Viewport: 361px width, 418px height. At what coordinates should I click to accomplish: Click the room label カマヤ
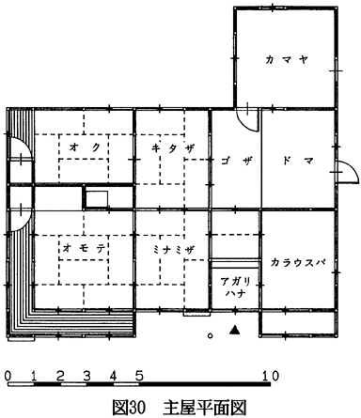tap(287, 59)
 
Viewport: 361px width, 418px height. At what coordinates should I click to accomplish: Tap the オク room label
tap(85, 147)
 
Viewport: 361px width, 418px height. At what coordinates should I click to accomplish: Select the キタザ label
tap(173, 147)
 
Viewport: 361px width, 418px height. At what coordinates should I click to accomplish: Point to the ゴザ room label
tap(237, 161)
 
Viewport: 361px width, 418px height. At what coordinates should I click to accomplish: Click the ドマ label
tap(298, 161)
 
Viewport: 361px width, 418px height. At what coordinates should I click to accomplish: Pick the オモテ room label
tap(84, 248)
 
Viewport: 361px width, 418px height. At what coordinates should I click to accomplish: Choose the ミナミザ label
tap(173, 250)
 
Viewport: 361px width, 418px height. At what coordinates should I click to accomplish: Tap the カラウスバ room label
tap(297, 262)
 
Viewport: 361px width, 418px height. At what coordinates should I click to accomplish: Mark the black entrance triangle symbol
tap(234, 331)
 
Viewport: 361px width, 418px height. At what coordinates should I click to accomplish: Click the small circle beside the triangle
tap(211, 336)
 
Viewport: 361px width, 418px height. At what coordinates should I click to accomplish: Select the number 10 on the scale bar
tap(271, 375)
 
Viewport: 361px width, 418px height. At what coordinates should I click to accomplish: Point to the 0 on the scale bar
tap(8, 375)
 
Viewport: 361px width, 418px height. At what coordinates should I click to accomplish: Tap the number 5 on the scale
tap(139, 375)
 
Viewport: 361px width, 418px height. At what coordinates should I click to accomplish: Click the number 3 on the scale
tap(86, 375)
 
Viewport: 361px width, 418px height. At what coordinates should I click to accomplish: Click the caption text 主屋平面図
tap(205, 407)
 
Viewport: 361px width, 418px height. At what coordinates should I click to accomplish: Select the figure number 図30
tap(129, 407)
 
